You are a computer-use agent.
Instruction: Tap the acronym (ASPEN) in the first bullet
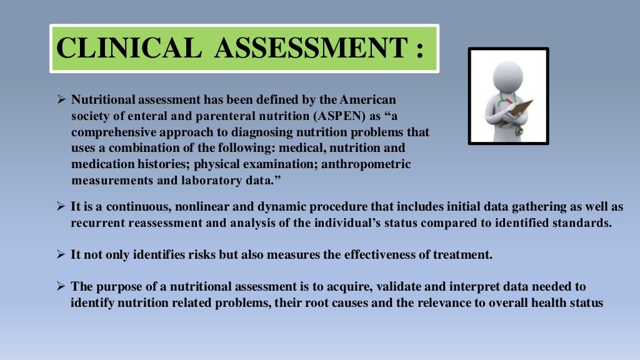click(x=318, y=116)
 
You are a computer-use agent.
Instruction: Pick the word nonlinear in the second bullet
click(x=220, y=207)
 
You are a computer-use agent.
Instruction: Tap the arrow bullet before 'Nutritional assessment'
click(x=61, y=100)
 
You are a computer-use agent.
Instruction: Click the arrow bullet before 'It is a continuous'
click(x=61, y=207)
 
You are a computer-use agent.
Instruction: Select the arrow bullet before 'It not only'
click(x=61, y=255)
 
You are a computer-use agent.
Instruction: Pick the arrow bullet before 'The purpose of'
click(x=61, y=287)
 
